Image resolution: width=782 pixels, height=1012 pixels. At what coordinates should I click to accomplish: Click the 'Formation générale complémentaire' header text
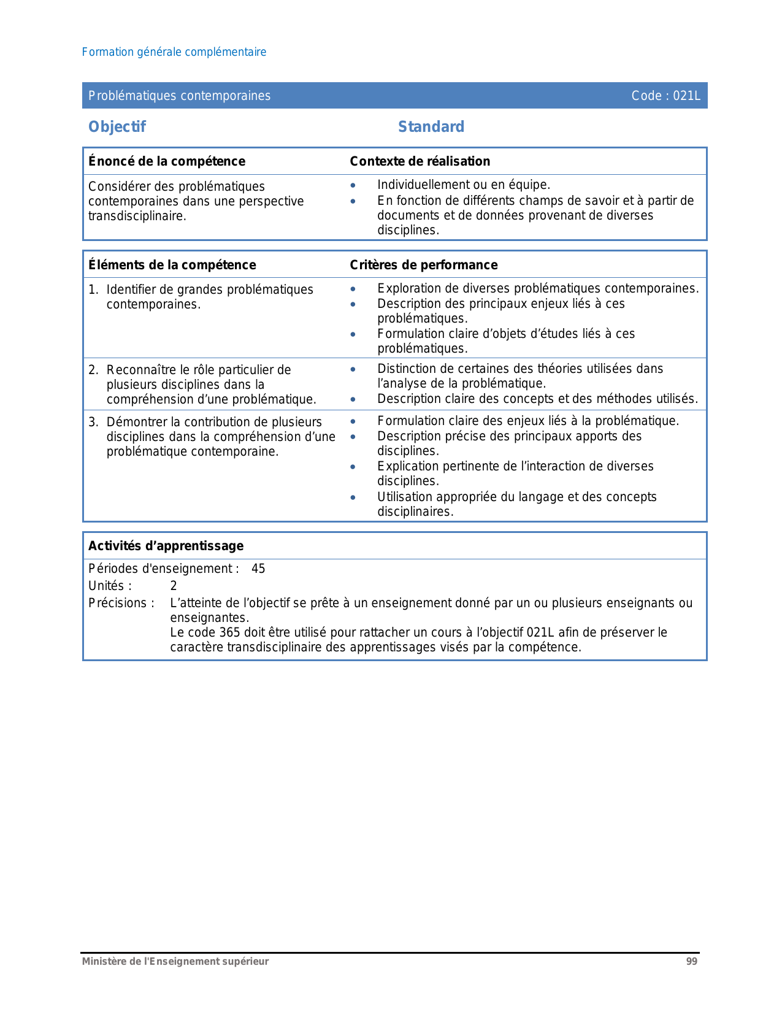click(174, 52)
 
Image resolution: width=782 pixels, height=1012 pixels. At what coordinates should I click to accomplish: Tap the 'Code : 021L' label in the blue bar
click(665, 96)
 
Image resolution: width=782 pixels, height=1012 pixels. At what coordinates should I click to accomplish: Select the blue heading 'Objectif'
click(117, 127)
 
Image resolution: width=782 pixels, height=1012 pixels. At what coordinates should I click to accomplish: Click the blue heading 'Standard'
click(431, 127)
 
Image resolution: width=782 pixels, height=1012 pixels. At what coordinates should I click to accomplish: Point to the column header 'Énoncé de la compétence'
click(167, 161)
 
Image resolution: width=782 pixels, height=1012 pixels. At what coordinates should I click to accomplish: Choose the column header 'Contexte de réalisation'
click(420, 161)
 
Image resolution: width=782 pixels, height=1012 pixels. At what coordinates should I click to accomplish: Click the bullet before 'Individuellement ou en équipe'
click(353, 185)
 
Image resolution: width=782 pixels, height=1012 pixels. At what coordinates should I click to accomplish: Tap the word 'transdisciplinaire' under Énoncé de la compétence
click(137, 217)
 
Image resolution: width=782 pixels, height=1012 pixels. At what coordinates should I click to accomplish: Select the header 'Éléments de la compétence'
click(172, 265)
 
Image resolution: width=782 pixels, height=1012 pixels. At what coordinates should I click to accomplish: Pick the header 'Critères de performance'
click(424, 265)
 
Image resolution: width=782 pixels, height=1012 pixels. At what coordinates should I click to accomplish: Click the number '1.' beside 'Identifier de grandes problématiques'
click(93, 289)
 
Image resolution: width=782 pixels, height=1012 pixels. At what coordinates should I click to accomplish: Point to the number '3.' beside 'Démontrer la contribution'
click(93, 422)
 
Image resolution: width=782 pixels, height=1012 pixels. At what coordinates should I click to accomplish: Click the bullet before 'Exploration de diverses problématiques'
click(353, 289)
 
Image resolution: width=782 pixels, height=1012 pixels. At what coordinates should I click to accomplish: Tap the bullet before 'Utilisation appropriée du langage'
click(353, 497)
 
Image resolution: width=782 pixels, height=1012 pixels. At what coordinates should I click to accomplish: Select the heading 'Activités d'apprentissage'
click(166, 546)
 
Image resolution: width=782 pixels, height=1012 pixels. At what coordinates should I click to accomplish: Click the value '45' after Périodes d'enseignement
click(258, 569)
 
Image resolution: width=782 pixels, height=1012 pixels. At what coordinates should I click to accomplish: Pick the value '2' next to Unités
click(174, 586)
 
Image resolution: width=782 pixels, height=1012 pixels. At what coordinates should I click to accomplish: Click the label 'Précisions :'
click(121, 603)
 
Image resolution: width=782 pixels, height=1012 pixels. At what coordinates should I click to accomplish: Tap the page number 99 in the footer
click(691, 962)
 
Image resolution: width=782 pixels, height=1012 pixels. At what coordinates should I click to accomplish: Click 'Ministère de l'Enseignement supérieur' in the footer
click(175, 962)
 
